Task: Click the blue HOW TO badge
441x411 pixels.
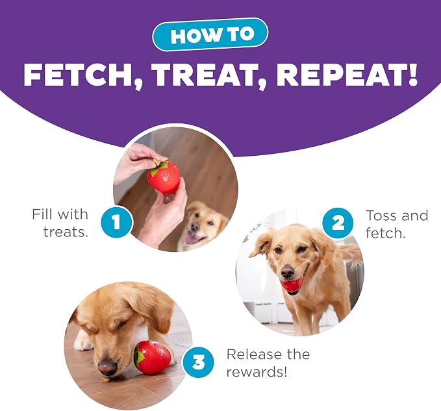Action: click(210, 34)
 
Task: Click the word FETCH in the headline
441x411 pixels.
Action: click(83, 75)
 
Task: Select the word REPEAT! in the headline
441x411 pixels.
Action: click(347, 75)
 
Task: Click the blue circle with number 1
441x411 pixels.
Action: click(116, 222)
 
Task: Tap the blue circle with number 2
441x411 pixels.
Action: click(338, 223)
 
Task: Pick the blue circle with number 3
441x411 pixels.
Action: click(198, 362)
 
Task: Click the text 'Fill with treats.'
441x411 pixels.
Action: click(60, 223)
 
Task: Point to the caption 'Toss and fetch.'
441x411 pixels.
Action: click(397, 224)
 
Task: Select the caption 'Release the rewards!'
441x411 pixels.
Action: click(268, 363)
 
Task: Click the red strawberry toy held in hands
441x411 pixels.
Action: click(164, 177)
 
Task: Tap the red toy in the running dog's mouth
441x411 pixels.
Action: click(292, 285)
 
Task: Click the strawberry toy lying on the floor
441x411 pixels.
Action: click(152, 357)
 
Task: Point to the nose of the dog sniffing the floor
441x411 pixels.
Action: click(107, 367)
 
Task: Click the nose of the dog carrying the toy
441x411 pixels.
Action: click(287, 271)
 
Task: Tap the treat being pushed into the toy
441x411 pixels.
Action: click(157, 162)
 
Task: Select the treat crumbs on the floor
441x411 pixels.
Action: click(105, 380)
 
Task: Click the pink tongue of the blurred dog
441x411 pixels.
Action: click(192, 239)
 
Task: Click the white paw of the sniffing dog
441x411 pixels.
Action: click(84, 341)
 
